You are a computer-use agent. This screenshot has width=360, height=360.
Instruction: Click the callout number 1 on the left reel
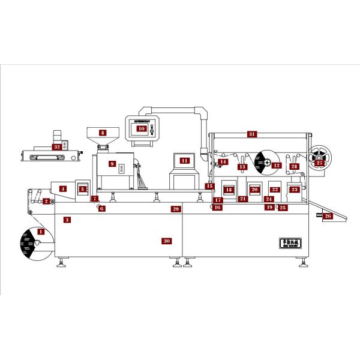[41, 230]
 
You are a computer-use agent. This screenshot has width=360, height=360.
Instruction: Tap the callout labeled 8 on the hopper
[103, 133]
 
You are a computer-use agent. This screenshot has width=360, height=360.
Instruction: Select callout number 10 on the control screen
[141, 128]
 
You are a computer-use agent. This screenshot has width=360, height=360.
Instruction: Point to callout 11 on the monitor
[184, 160]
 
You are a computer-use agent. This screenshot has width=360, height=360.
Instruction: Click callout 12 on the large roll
[276, 164]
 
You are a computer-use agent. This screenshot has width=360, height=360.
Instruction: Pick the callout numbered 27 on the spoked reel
[319, 163]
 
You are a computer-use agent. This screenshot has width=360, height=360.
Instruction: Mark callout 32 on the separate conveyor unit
[57, 146]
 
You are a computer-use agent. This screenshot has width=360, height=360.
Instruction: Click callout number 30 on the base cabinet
[167, 241]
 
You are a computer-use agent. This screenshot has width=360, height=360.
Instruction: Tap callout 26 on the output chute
[328, 215]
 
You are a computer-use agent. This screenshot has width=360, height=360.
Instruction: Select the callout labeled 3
[68, 220]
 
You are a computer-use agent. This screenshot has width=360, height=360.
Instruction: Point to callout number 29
[175, 209]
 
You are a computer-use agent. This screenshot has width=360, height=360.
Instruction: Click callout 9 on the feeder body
[111, 163]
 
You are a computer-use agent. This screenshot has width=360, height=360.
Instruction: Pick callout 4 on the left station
[62, 189]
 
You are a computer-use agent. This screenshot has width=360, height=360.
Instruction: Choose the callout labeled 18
[228, 189]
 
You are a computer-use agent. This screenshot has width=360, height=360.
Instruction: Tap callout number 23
[294, 189]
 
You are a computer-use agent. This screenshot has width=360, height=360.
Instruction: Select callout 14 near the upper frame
[223, 161]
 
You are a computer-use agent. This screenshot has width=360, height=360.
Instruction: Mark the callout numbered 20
[254, 189]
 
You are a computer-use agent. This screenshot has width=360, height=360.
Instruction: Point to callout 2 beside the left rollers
[46, 200]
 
